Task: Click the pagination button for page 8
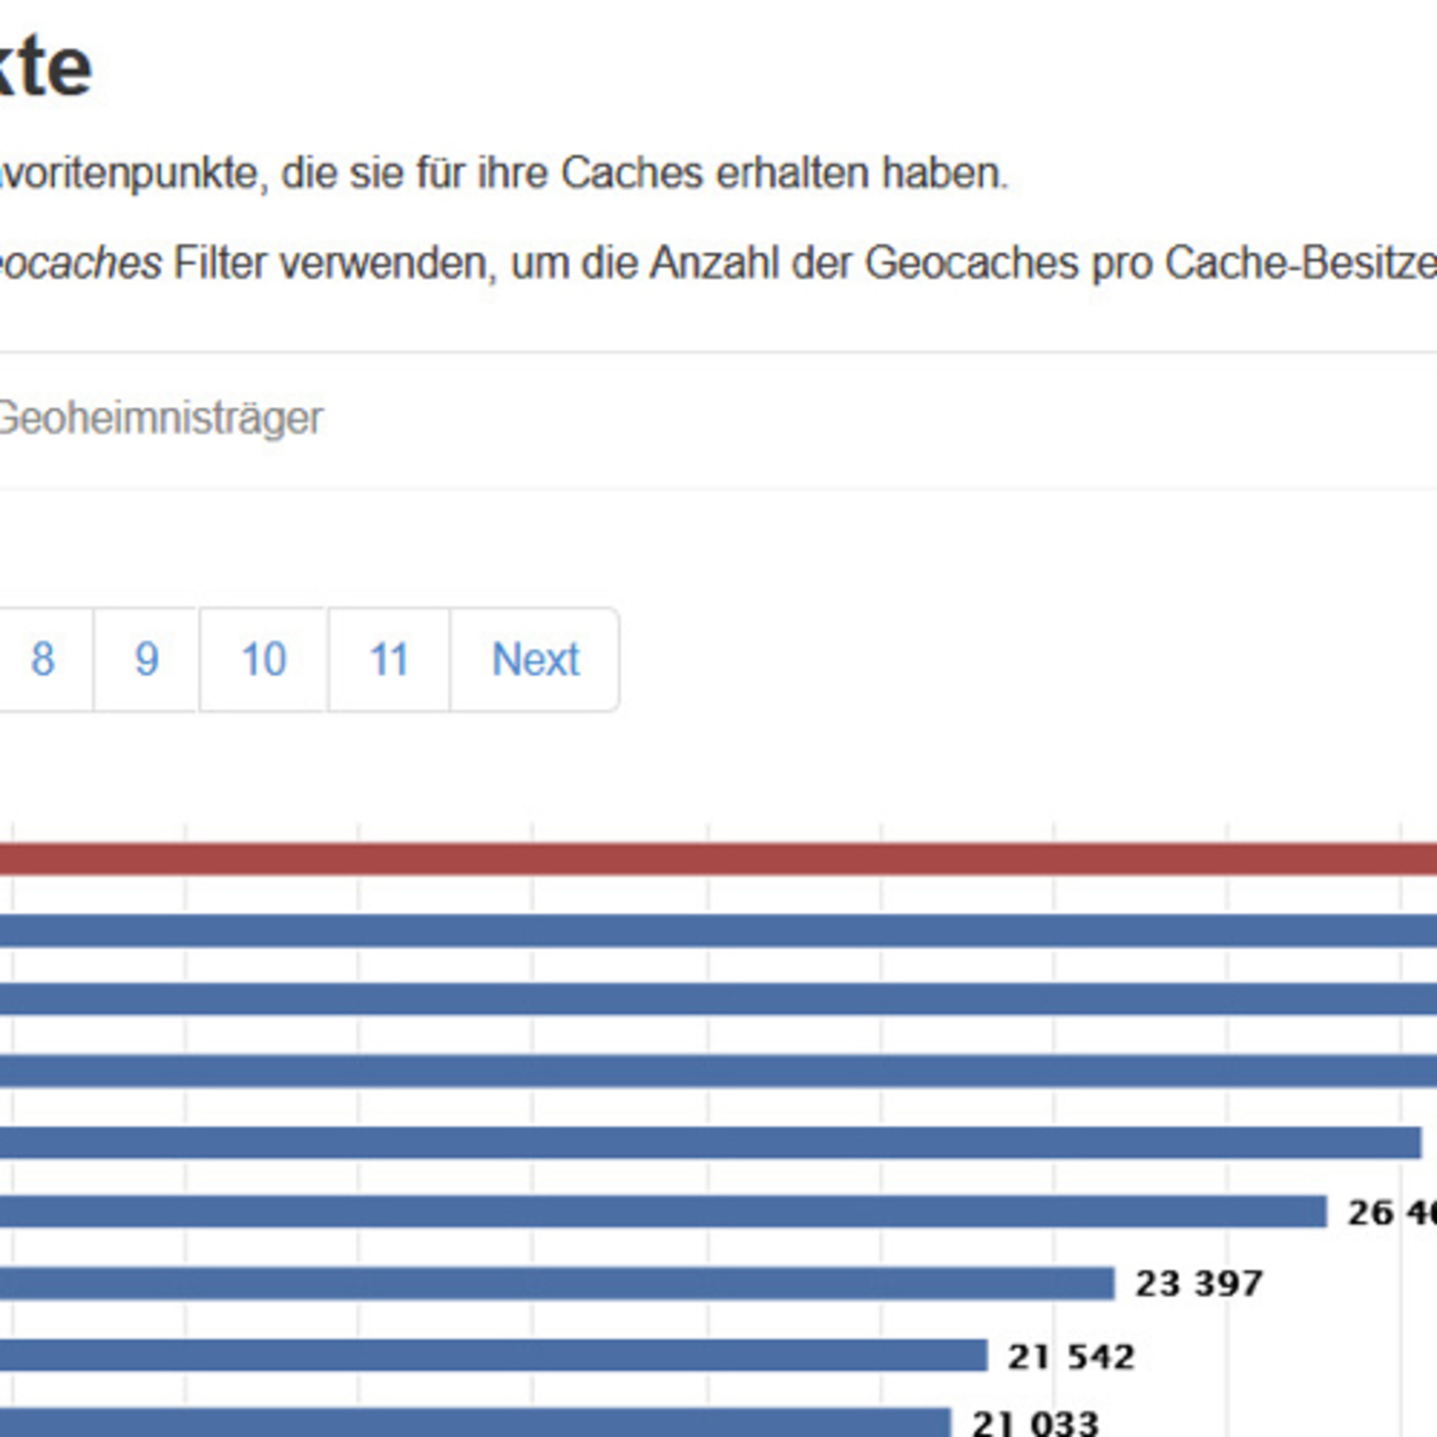43,659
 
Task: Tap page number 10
263,659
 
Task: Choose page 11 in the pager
389,659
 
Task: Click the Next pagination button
535,659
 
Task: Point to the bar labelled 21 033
476,1422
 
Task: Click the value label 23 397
1199,1284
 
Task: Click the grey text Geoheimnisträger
160,418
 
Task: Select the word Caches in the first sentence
631,173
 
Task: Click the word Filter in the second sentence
219,263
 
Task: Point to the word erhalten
792,173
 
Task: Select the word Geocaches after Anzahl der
971,263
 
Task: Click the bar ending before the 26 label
662,1212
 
